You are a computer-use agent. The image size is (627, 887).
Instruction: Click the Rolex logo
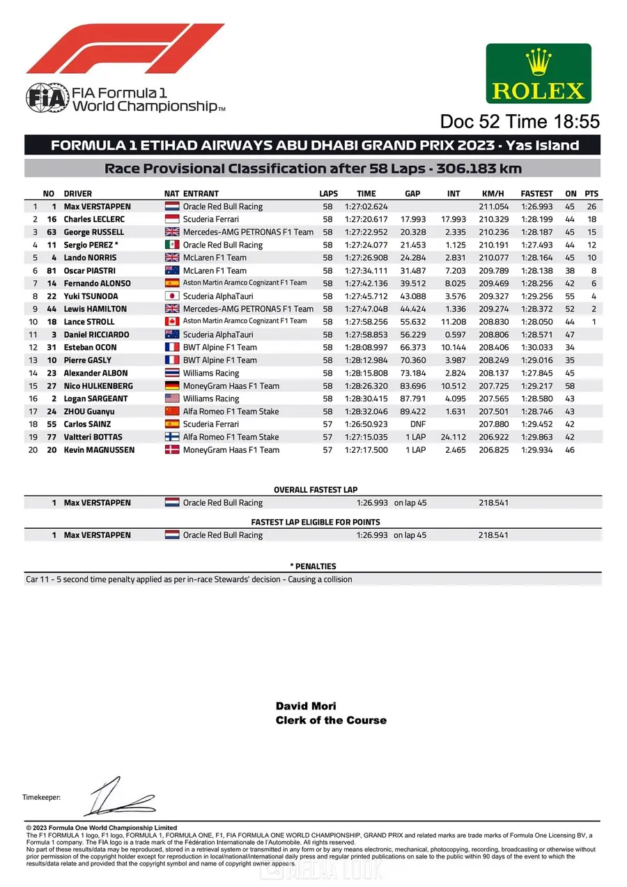click(x=539, y=73)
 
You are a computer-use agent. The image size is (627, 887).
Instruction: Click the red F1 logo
click(x=125, y=49)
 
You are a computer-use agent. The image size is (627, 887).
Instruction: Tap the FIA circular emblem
click(x=47, y=98)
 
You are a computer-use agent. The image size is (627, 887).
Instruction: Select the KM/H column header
click(x=493, y=194)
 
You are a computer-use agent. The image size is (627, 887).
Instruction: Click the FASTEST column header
click(x=536, y=194)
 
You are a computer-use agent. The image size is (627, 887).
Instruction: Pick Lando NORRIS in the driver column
click(x=91, y=258)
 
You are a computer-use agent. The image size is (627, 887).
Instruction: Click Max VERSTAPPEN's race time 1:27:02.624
click(x=366, y=207)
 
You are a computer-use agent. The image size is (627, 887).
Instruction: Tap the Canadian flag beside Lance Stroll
click(x=172, y=322)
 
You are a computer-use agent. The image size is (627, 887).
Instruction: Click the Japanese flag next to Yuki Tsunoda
click(x=172, y=296)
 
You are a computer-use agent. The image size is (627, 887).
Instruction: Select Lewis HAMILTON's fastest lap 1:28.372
click(x=536, y=309)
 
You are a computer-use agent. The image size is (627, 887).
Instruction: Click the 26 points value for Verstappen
click(x=591, y=207)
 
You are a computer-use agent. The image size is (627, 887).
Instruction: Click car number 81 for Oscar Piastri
click(x=50, y=270)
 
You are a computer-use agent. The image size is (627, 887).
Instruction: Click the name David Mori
click(x=306, y=707)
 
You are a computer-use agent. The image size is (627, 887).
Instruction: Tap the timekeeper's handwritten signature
click(x=118, y=798)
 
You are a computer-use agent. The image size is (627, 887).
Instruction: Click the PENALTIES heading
click(x=313, y=566)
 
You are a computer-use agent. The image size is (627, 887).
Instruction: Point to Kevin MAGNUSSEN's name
click(x=100, y=450)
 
